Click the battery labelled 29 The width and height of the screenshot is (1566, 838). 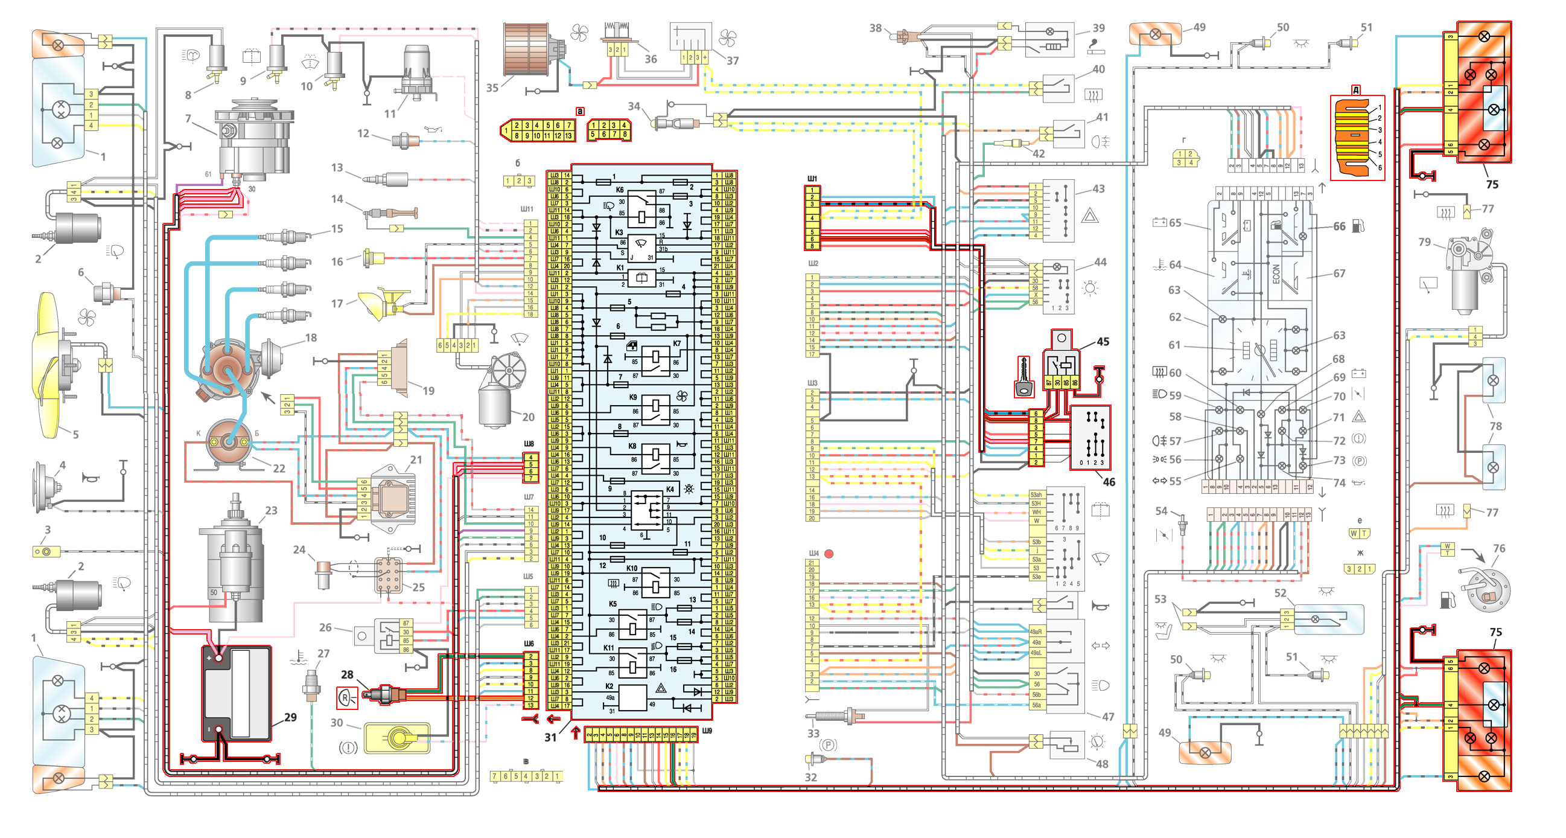237,693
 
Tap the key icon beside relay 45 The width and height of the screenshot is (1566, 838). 1023,377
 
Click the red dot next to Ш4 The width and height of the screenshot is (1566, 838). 829,554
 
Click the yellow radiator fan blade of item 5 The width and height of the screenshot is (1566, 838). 49,365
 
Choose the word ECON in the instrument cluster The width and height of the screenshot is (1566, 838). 1276,273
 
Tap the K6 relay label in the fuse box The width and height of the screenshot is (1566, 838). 620,190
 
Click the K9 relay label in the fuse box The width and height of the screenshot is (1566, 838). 633,397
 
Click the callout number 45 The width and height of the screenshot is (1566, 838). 1103,342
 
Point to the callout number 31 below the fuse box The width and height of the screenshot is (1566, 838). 550,737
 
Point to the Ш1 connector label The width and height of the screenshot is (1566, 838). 812,179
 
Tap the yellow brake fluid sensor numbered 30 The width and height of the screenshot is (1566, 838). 396,738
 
